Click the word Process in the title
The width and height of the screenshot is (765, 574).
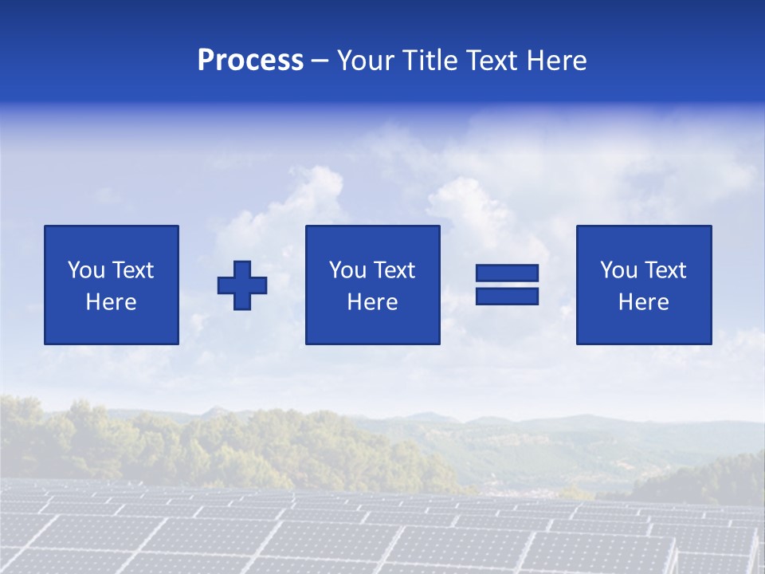tap(250, 61)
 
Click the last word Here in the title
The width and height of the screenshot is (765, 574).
tap(556, 61)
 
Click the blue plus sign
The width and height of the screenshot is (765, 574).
tap(242, 285)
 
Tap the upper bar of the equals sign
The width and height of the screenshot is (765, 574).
tap(507, 273)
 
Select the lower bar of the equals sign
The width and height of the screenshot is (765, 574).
tap(507, 296)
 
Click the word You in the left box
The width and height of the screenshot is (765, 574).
tap(86, 270)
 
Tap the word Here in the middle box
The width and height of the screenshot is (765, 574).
tap(372, 302)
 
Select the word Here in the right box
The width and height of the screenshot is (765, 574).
tap(644, 302)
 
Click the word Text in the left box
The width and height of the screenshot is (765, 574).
tap(132, 270)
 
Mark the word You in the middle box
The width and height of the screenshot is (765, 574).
tap(347, 270)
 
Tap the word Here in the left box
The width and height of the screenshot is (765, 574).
tap(112, 302)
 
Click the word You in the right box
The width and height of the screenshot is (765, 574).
tap(619, 270)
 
